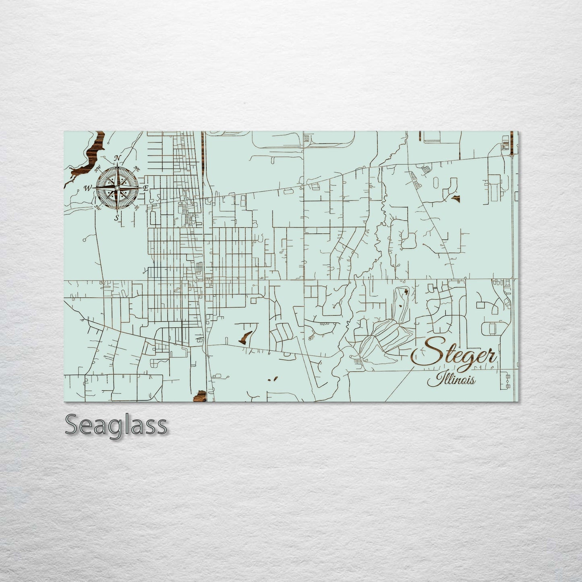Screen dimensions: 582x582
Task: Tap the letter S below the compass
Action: click(117, 218)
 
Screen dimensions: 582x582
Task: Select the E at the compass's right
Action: click(146, 188)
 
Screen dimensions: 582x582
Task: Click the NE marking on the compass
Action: click(137, 168)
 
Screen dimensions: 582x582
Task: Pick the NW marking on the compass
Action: click(97, 170)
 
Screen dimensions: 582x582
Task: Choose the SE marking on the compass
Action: click(137, 208)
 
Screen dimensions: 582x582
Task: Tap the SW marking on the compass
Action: click(97, 207)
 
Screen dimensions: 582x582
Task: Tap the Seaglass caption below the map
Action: click(116, 425)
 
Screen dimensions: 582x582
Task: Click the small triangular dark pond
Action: click(455, 198)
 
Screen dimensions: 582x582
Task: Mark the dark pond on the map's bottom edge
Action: click(200, 396)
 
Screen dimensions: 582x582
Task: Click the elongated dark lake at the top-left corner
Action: click(91, 155)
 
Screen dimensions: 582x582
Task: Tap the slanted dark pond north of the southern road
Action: click(246, 336)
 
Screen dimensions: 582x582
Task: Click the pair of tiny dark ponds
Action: click(273, 379)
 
